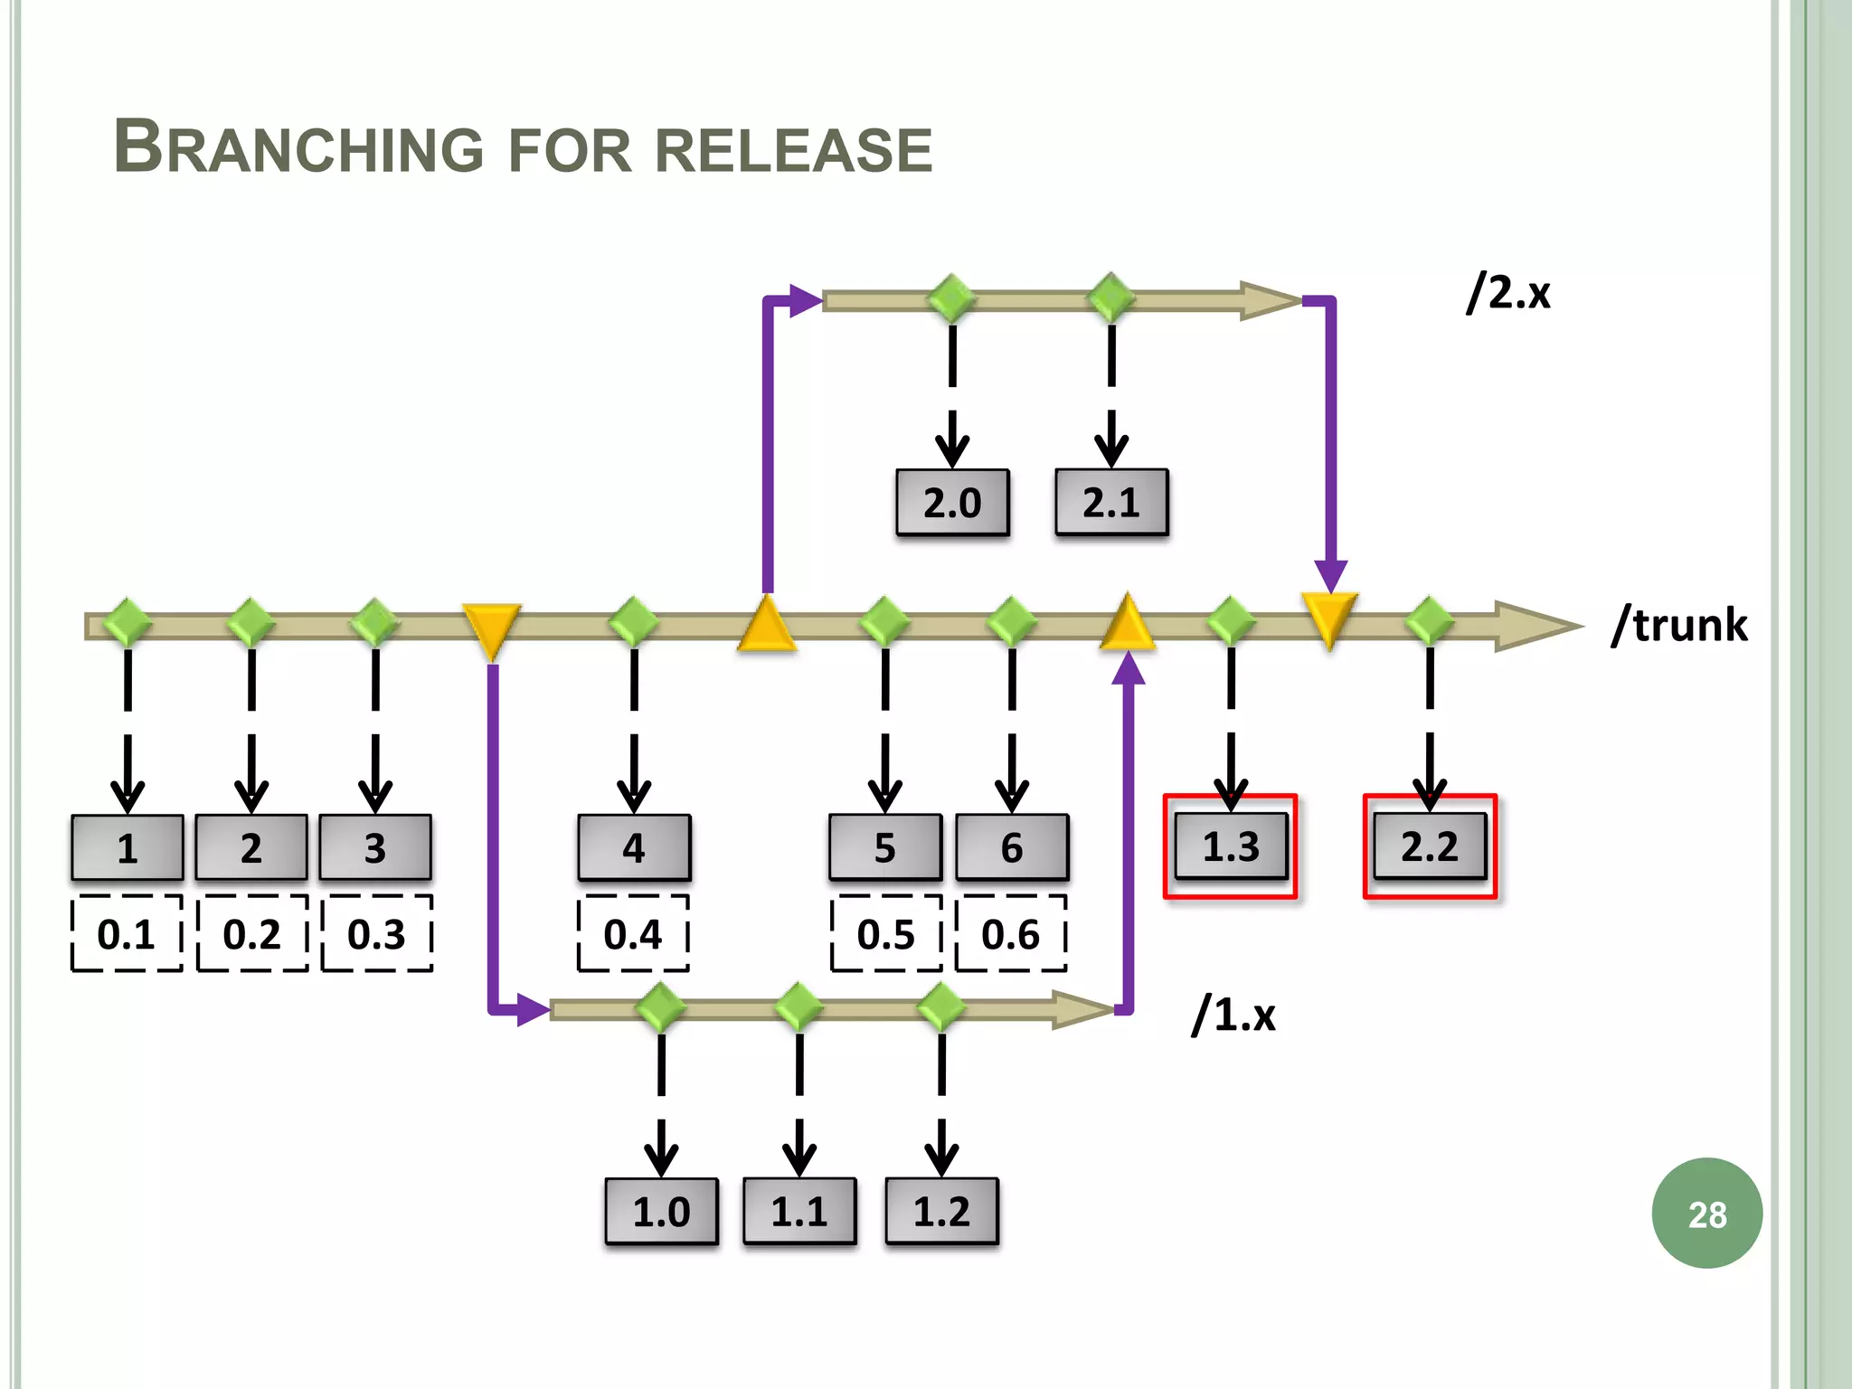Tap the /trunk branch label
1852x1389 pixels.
pos(1679,625)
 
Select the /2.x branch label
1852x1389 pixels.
pos(1508,293)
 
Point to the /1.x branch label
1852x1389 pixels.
pos(1233,1015)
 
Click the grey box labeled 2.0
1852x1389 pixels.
pos(952,503)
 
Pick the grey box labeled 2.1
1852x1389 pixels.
pos(1111,503)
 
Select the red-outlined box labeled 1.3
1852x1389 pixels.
pos(1231,846)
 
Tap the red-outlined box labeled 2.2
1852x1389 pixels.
pos(1430,846)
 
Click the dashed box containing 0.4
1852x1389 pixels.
pos(633,934)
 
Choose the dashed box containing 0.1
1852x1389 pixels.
pos(127,934)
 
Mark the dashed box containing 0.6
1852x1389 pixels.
pos(1011,934)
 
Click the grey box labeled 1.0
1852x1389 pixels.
pos(661,1212)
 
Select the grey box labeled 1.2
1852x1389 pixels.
pos(941,1212)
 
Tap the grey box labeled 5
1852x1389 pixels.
pos(884,848)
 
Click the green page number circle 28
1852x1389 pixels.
pos(1706,1214)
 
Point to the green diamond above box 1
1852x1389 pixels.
pos(128,622)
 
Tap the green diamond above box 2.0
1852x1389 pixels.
pos(952,298)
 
